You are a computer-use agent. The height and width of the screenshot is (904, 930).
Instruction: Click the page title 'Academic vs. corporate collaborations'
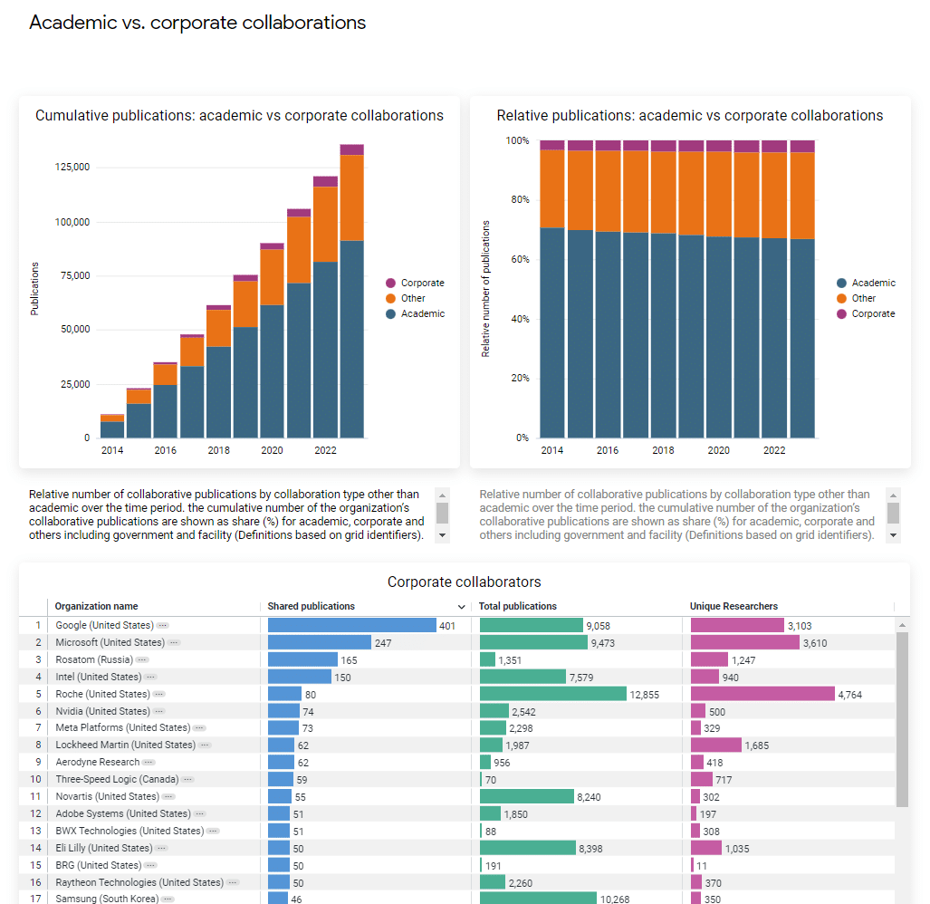coord(197,23)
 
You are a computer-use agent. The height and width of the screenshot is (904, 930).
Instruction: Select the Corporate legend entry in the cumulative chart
coord(422,283)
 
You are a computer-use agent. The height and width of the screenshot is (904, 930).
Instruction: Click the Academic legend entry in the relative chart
coord(873,283)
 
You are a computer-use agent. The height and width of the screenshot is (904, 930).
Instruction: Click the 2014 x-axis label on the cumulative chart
coord(112,450)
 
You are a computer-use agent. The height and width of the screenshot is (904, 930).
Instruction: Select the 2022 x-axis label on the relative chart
coord(774,450)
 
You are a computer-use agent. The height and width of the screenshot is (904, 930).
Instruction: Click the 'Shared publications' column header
coord(312,606)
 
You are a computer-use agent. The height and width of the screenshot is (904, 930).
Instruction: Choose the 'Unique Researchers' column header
coord(733,606)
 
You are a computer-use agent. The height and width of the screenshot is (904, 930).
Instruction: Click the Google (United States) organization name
coord(104,625)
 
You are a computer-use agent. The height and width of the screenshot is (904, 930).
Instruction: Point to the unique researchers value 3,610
coord(815,643)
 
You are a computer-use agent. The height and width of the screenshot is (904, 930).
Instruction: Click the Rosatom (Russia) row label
coord(94,659)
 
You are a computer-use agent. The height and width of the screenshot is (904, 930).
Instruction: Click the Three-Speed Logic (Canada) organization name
coord(117,779)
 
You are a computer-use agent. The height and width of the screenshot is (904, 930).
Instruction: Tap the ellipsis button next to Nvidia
coord(158,711)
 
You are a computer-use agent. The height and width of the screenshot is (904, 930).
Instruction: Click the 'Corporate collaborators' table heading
coord(464,582)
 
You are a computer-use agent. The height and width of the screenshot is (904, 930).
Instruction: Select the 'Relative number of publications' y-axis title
coord(485,288)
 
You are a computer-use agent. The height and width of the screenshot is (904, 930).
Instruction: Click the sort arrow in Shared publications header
coord(462,607)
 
